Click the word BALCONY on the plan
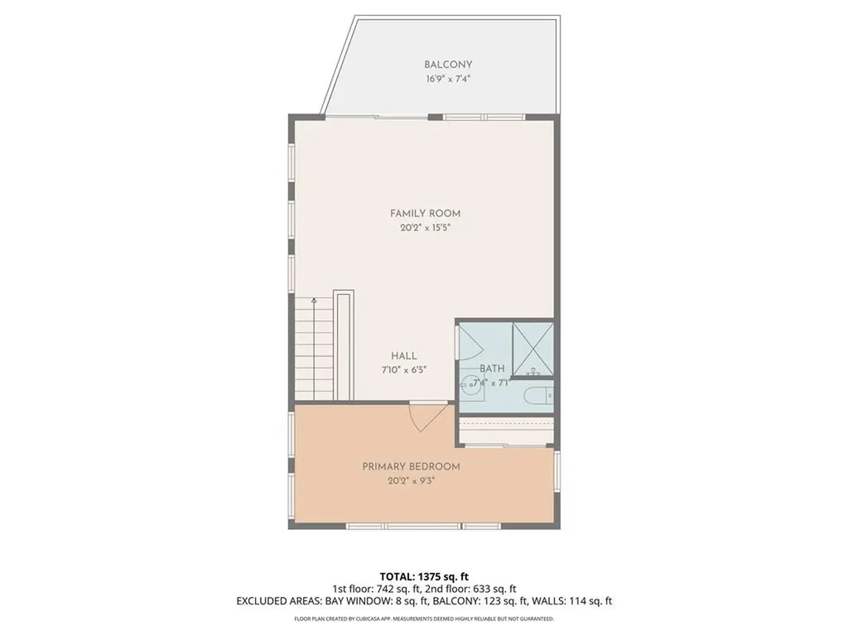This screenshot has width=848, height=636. [x=448, y=65]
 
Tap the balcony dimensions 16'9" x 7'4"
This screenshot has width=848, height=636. [x=448, y=79]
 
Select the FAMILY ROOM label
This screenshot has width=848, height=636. [x=425, y=214]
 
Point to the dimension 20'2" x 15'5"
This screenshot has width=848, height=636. [x=425, y=228]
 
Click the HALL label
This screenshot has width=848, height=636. [x=404, y=356]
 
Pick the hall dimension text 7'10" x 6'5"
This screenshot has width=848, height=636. [x=404, y=369]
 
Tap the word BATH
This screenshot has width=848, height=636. [x=492, y=369]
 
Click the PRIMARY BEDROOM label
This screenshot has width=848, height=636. [x=411, y=467]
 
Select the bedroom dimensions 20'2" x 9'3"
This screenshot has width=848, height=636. [x=411, y=481]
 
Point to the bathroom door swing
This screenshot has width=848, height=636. [x=469, y=340]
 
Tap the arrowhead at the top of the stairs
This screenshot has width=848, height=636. [x=314, y=302]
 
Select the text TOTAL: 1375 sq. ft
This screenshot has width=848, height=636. [x=424, y=576]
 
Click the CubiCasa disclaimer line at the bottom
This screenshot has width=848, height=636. [x=424, y=619]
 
